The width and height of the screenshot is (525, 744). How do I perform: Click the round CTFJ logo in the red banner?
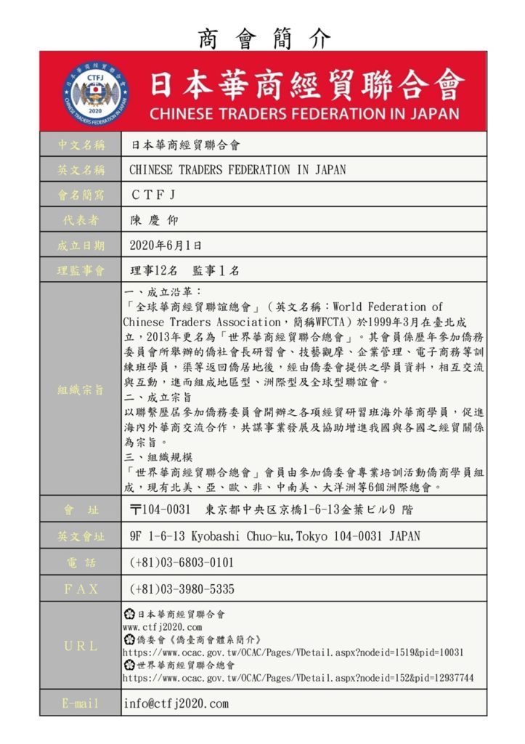pyautogui.click(x=93, y=92)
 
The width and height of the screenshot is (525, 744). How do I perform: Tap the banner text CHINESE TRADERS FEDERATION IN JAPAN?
pyautogui.click(x=304, y=114)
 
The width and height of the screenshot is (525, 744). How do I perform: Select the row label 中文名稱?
pyautogui.click(x=81, y=145)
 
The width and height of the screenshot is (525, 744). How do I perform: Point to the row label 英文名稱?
pyautogui.click(x=81, y=170)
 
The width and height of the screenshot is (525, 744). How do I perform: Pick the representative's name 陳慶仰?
pyautogui.click(x=154, y=220)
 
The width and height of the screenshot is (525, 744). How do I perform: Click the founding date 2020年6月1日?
pyautogui.click(x=166, y=246)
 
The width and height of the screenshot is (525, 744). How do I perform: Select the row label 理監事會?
pyautogui.click(x=81, y=270)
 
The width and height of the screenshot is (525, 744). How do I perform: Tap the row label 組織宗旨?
pyautogui.click(x=81, y=390)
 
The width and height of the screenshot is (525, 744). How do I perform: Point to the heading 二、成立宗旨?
pyautogui.click(x=158, y=397)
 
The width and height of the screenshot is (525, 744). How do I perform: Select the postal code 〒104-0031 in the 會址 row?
pyautogui.click(x=160, y=509)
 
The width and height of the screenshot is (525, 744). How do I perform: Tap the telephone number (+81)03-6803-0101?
pyautogui.click(x=182, y=562)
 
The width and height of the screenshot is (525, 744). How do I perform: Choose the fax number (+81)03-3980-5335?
pyautogui.click(x=182, y=589)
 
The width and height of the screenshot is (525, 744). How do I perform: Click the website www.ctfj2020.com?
pyautogui.click(x=162, y=626)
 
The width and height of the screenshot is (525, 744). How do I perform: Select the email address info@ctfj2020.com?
pyautogui.click(x=176, y=703)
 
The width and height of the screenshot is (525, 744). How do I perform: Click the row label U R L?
pyautogui.click(x=81, y=645)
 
